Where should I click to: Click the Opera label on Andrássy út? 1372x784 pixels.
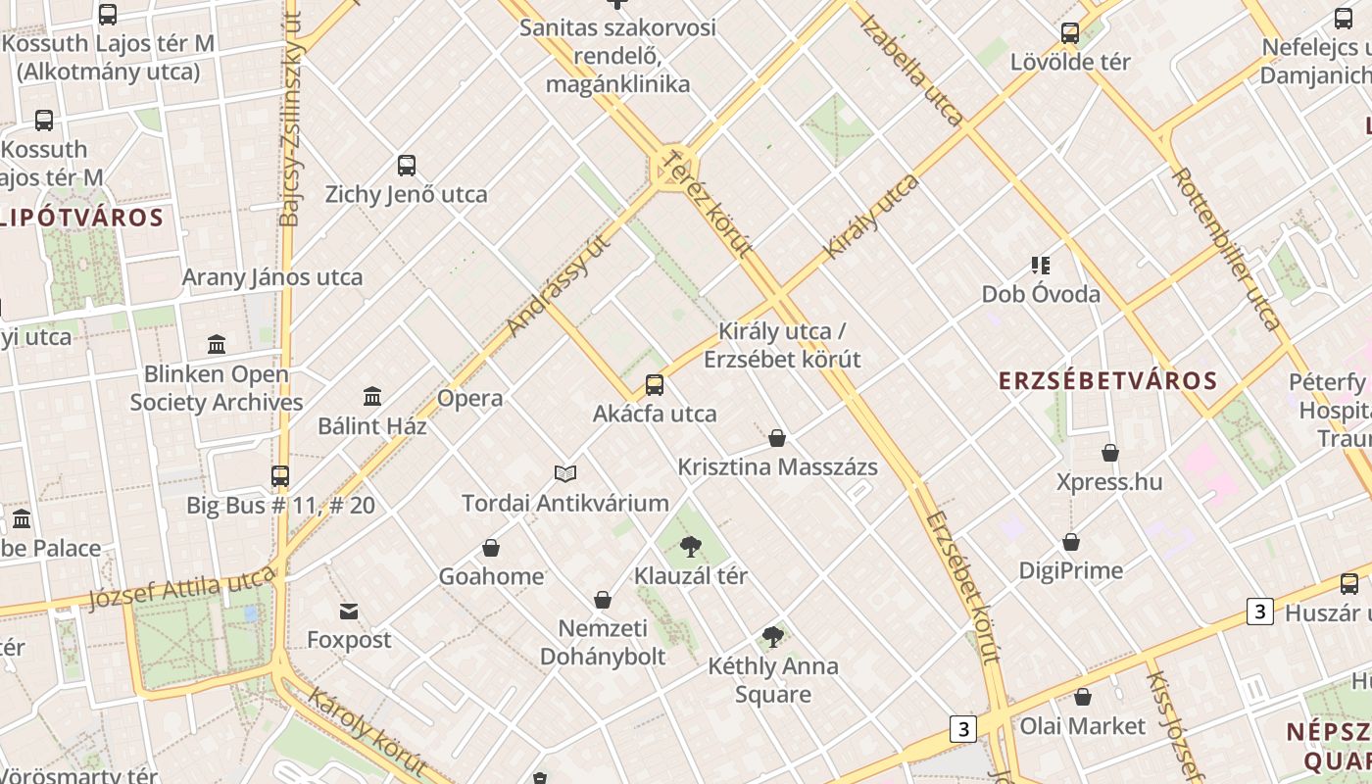tap(470, 398)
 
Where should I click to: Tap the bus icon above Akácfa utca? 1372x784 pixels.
tap(655, 385)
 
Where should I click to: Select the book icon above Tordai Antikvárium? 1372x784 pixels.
tap(565, 474)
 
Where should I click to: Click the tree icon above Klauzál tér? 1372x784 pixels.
tap(691, 547)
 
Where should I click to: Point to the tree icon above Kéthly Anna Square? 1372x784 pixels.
tap(773, 637)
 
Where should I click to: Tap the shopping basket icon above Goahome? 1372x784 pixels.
tap(491, 548)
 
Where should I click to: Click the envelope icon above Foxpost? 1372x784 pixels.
tap(349, 612)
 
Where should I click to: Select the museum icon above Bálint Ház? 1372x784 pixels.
tap(372, 397)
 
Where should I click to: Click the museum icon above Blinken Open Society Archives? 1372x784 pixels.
tap(217, 345)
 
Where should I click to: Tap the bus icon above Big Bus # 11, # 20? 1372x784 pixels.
tap(280, 476)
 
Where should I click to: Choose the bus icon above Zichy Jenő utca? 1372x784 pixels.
tap(407, 166)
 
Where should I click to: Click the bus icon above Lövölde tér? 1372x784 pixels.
tap(1070, 33)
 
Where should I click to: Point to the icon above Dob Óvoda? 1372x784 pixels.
tap(1041, 265)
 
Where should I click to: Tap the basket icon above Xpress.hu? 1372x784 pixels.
tap(1110, 453)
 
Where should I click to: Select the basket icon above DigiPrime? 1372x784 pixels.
tap(1071, 542)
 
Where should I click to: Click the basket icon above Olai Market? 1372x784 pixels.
tap(1083, 697)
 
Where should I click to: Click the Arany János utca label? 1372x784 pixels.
tap(272, 277)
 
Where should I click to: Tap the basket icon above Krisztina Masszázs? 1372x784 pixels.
tap(777, 438)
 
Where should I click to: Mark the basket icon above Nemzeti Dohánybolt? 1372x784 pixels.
tap(603, 600)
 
